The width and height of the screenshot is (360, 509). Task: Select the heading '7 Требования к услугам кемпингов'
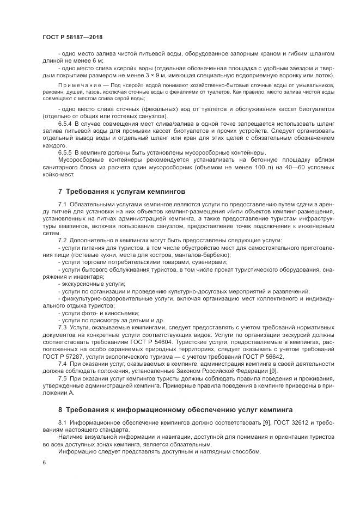pyautogui.click(x=121, y=192)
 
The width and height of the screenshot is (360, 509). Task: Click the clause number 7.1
pyautogui.click(x=62, y=203)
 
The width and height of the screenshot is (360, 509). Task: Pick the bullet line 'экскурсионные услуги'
pyautogui.click(x=93, y=284)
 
